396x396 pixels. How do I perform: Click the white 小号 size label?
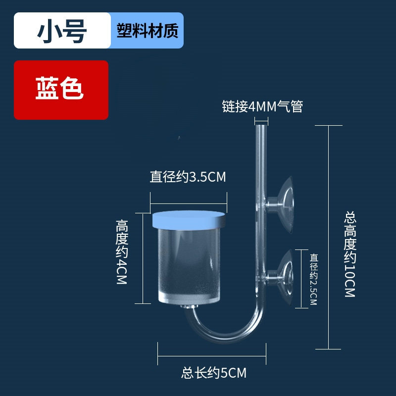[62, 31]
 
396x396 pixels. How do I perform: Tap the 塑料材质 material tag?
[147, 31]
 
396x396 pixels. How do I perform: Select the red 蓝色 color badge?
[60, 90]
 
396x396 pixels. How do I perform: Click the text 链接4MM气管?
[262, 106]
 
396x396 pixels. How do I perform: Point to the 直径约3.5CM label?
[188, 177]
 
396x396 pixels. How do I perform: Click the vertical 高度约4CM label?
[122, 252]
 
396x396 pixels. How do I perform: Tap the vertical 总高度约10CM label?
[350, 255]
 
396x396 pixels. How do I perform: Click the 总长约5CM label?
[214, 372]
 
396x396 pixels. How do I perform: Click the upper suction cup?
[284, 200]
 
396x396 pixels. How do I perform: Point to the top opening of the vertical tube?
[261, 127]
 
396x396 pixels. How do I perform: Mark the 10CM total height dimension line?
[328, 238]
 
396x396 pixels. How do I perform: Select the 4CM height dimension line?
[143, 258]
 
